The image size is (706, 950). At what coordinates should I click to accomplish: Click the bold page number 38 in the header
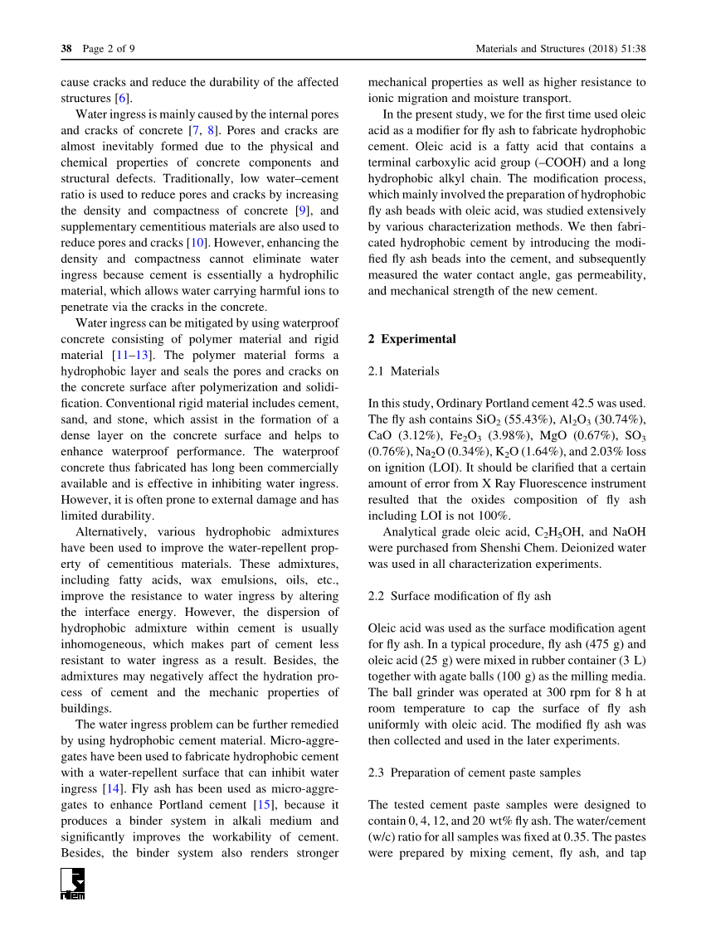(x=66, y=49)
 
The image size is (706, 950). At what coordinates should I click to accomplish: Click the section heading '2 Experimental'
(x=411, y=339)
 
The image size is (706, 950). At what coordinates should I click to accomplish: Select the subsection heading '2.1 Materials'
(x=403, y=371)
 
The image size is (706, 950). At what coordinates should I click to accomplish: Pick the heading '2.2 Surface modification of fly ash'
(x=459, y=596)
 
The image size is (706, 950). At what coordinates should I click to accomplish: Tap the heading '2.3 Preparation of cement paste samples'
(x=474, y=773)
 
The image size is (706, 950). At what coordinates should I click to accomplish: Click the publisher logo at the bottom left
(x=73, y=884)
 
